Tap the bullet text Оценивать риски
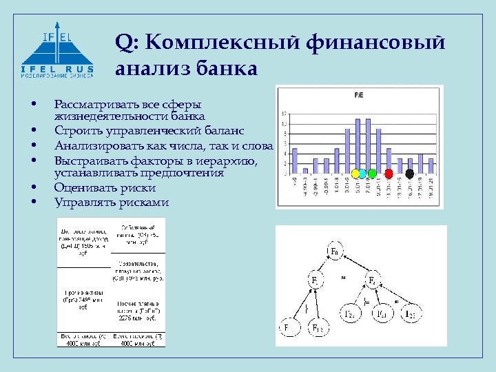pyautogui.click(x=105, y=187)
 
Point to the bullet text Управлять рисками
pyautogui.click(x=111, y=202)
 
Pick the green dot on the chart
pyautogui.click(x=372, y=173)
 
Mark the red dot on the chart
pyautogui.click(x=389, y=173)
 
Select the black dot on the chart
pyautogui.click(x=410, y=173)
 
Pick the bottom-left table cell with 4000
pyautogui.click(x=83, y=339)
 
